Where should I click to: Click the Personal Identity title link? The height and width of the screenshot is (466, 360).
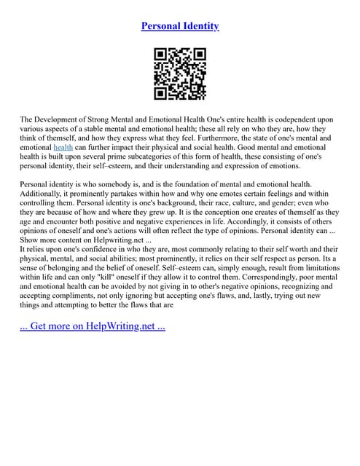(x=180, y=26)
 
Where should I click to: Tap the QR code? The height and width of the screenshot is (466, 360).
(x=180, y=74)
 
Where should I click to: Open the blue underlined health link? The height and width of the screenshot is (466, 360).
(x=63, y=147)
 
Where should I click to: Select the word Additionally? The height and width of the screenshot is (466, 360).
(x=44, y=194)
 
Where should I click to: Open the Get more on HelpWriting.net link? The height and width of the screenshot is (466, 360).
(x=93, y=325)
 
